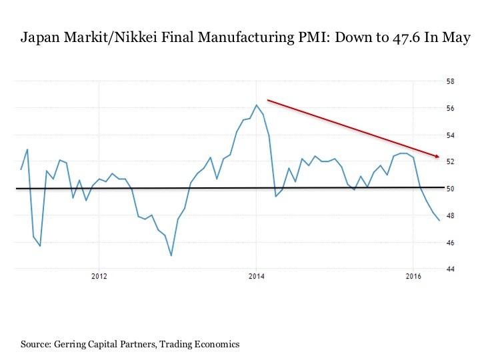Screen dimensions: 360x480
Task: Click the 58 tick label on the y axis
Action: click(x=451, y=82)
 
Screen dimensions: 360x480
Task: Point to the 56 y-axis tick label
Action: click(x=451, y=109)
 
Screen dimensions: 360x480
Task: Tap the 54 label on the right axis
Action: click(x=451, y=135)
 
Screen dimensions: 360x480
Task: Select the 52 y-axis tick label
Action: click(x=451, y=162)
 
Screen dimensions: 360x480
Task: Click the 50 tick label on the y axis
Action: click(x=451, y=189)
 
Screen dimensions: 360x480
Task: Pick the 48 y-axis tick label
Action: click(x=451, y=215)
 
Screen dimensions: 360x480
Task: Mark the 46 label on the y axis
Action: click(x=451, y=243)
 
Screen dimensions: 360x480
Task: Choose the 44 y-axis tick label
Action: click(x=451, y=269)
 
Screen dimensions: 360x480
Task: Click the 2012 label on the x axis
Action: click(x=99, y=275)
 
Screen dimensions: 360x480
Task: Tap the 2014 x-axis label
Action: click(x=257, y=275)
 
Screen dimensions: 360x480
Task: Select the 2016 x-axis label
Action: click(x=413, y=275)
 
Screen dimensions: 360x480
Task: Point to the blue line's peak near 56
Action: click(x=257, y=105)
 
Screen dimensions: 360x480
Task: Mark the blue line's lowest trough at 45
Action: click(x=171, y=255)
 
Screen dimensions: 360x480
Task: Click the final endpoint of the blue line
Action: click(x=439, y=221)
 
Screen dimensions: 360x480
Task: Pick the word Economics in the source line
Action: click(x=215, y=344)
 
